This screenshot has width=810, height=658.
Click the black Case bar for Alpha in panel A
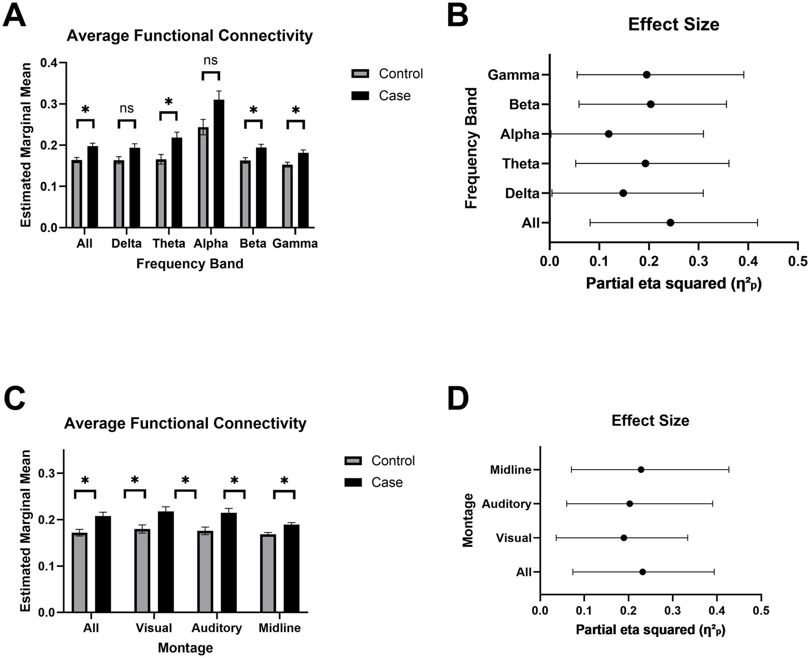click(219, 164)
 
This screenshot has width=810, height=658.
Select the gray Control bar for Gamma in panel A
click(288, 196)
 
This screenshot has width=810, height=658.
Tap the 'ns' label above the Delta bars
click(127, 109)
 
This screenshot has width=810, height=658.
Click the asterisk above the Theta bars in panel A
click(169, 102)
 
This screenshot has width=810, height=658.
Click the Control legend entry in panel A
click(388, 74)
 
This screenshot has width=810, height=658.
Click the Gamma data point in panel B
click(646, 75)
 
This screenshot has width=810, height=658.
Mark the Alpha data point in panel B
click(608, 134)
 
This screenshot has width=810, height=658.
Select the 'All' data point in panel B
click(670, 223)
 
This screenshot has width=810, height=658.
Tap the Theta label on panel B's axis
click(521, 164)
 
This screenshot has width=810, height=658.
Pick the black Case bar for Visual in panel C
click(166, 562)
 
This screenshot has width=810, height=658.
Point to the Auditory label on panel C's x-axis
click(216, 628)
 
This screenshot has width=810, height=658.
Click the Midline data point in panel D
click(641, 470)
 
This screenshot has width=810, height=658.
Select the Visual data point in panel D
click(624, 538)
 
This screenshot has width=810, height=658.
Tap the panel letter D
click(458, 399)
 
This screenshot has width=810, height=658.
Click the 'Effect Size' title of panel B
click(673, 24)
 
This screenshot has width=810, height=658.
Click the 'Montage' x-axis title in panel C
click(185, 647)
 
